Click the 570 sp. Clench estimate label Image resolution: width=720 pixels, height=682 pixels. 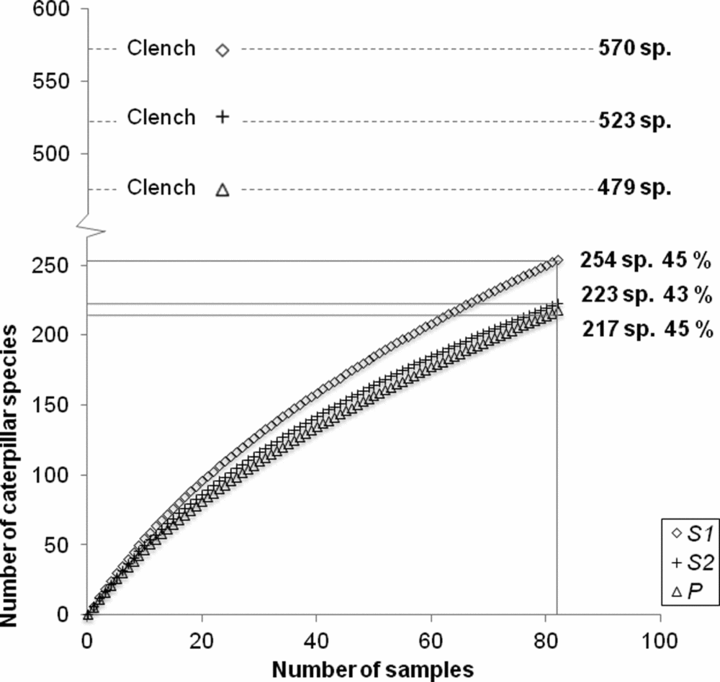click(x=634, y=49)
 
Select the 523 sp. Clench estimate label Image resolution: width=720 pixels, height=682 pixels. click(x=634, y=121)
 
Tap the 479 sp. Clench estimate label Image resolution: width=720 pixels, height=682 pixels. click(x=634, y=189)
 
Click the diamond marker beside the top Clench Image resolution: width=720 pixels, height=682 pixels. click(x=222, y=50)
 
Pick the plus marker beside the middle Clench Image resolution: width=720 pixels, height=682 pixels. click(x=222, y=117)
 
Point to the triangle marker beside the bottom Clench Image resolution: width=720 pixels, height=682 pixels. click(x=222, y=189)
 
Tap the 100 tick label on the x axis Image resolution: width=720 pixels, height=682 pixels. click(x=660, y=640)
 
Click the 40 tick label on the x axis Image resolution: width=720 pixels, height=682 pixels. click(x=316, y=640)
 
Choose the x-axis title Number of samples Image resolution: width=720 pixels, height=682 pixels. click(x=372, y=667)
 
